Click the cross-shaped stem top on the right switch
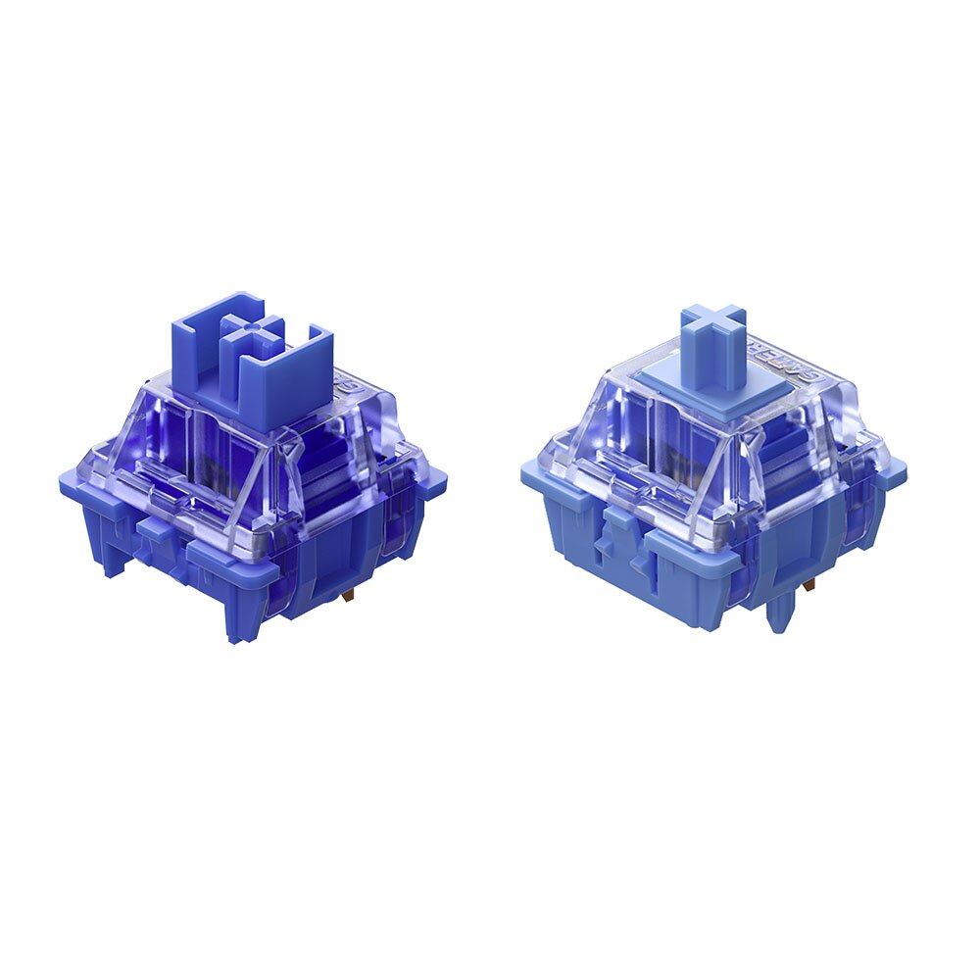(x=713, y=329)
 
